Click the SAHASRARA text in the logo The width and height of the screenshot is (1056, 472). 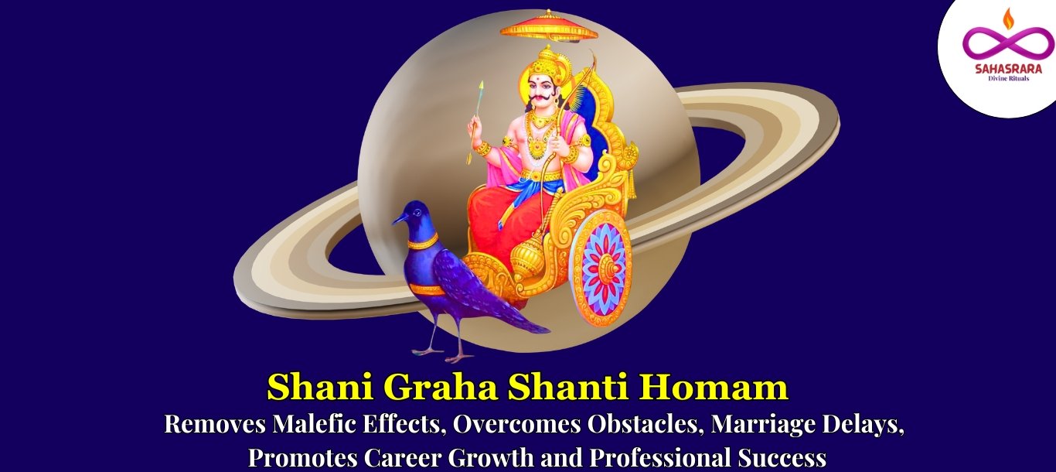point(1008,69)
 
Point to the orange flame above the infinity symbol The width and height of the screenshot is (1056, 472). point(1008,18)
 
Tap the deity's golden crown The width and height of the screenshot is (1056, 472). point(547,59)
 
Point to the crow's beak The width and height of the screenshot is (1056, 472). point(400,219)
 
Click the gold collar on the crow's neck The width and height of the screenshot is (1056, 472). point(423,243)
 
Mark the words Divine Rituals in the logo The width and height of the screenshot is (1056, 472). point(1008,78)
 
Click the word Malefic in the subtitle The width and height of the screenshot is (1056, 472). point(314,423)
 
